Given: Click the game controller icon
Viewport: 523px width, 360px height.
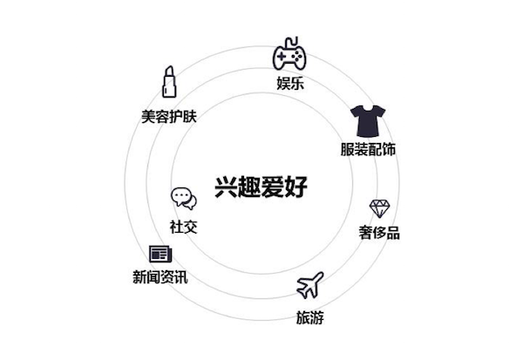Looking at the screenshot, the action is pyautogui.click(x=289, y=57).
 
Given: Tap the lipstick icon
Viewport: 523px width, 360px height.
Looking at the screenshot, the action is pyautogui.click(x=169, y=82).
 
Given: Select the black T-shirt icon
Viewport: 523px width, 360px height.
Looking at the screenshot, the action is pyautogui.click(x=368, y=121).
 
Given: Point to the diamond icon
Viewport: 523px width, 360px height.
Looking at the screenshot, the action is pyautogui.click(x=379, y=209).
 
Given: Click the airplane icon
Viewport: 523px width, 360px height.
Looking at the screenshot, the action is pyautogui.click(x=309, y=285).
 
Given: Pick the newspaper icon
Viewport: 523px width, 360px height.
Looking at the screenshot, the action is pyautogui.click(x=160, y=255).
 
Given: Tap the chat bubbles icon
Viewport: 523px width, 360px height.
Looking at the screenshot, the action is pyautogui.click(x=184, y=199).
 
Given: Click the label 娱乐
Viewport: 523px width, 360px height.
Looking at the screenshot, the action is pyautogui.click(x=290, y=83).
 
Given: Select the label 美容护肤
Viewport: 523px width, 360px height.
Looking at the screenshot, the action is pyautogui.click(x=169, y=117).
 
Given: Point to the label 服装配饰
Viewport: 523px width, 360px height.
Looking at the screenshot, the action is pyautogui.click(x=368, y=149).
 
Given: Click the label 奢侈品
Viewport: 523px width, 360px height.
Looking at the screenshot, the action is pyautogui.click(x=379, y=233).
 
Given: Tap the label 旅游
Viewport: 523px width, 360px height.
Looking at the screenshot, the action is pyautogui.click(x=309, y=317).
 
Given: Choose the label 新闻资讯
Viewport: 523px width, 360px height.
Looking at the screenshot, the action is pyautogui.click(x=160, y=277).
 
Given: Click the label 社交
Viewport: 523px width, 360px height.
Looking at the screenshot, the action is pyautogui.click(x=183, y=227).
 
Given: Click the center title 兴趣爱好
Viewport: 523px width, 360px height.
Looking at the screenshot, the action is pyautogui.click(x=261, y=187).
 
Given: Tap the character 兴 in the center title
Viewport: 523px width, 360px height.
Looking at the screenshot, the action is pyautogui.click(x=226, y=187).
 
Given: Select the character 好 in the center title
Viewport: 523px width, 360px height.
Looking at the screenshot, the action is pyautogui.click(x=295, y=187).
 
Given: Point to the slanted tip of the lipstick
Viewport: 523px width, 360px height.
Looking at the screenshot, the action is pyautogui.click(x=169, y=70).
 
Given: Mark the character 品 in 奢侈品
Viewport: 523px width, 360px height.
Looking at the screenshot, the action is pyautogui.click(x=393, y=233).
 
